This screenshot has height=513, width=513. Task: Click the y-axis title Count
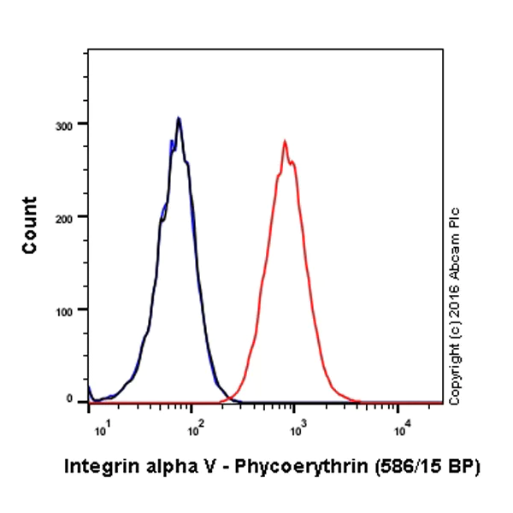30,225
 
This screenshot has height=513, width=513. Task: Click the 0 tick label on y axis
78,401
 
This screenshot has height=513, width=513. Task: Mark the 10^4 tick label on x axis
398,420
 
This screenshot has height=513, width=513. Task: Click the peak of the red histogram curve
285,142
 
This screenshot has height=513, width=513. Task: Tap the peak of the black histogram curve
178,119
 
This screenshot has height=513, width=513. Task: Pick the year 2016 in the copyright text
455,299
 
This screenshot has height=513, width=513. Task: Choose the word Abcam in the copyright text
455,252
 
